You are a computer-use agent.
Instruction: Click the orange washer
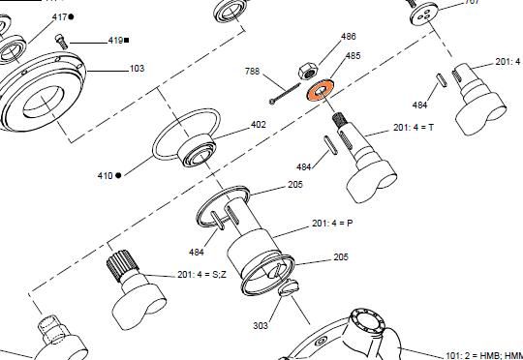[320, 89]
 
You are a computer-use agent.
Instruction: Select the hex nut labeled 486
[308, 71]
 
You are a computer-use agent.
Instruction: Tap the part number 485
[353, 55]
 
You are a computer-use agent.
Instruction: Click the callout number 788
[252, 71]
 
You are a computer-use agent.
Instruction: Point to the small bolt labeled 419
[61, 42]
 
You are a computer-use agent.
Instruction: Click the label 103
[137, 69]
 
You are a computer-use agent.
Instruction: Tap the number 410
[105, 175]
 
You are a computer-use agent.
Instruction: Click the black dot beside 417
[71, 16]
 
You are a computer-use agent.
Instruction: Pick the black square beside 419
[127, 41]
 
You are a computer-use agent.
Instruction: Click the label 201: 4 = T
[414, 128]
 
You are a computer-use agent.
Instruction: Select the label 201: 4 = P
[332, 223]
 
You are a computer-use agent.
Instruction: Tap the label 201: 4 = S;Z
[201, 275]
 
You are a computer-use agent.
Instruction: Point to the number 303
[261, 325]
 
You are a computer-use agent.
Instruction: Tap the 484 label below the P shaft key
[196, 252]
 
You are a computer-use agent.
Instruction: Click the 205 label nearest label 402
[295, 184]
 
